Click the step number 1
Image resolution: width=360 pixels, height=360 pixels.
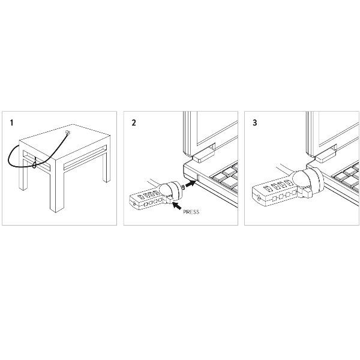11,122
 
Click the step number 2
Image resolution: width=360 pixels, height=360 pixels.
134,122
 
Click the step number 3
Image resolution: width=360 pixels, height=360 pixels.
255,122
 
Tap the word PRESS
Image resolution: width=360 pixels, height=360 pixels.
191,212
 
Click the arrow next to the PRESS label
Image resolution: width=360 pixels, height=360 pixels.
176,205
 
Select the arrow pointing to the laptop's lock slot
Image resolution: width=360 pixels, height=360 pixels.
191,184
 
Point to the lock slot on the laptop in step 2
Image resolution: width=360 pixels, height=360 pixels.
198,178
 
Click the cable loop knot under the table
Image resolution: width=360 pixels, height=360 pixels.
34,164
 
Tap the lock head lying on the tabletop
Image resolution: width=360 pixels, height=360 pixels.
67,133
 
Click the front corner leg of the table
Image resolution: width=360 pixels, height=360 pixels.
57,186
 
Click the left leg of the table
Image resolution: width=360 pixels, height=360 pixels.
23,170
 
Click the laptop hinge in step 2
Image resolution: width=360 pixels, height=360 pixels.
203,155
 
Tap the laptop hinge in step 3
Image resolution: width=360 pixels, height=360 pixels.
326,156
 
